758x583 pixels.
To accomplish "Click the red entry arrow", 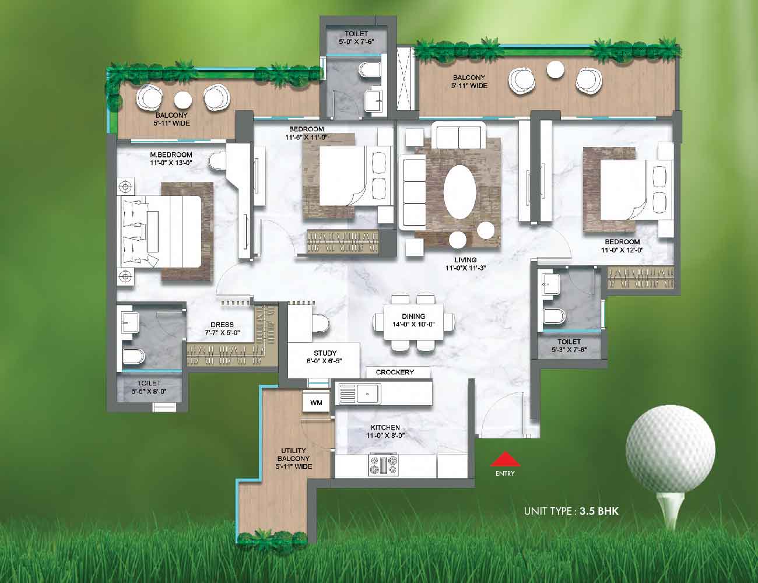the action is tap(505, 459).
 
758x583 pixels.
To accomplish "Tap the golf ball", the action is tap(671, 449).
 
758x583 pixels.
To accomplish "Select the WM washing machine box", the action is tap(316, 403).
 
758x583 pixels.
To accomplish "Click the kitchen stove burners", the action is tap(383, 465).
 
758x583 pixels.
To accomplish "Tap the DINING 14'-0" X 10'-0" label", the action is tap(413, 320).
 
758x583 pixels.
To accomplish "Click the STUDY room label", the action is tap(324, 357).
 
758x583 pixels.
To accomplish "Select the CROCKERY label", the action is tap(395, 372).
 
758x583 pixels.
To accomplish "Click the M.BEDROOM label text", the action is tap(171, 154).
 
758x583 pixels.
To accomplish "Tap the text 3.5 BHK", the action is tap(599, 511).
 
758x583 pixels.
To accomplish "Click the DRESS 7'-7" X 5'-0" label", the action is tap(222, 328).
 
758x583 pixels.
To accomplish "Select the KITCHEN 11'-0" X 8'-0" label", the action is tap(385, 431).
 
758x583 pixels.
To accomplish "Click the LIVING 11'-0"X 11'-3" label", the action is tap(465, 264).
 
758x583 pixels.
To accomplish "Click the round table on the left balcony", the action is tap(183, 100).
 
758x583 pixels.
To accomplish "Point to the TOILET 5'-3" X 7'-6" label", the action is tap(569, 345).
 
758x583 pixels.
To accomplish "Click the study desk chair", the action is tap(320, 324).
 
